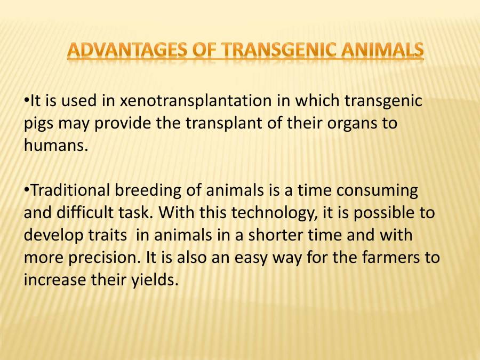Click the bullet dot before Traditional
[x=26, y=190]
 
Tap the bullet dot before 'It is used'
[x=26, y=101]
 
